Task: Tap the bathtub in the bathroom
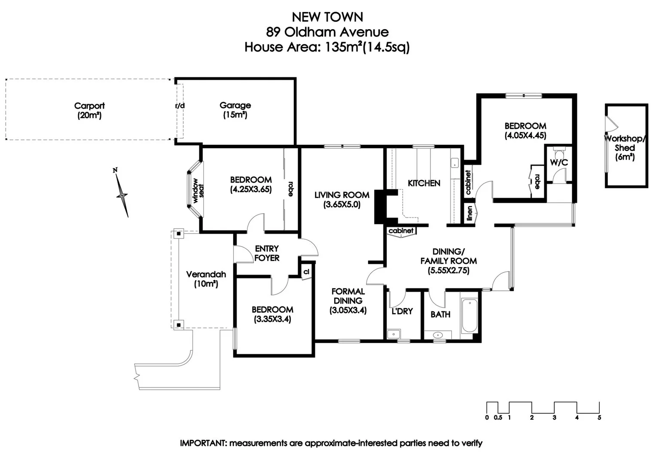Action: point(470,315)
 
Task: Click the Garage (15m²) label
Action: point(235,110)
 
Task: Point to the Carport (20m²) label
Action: point(89,110)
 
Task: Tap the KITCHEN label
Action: point(424,183)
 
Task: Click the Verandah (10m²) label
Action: point(206,279)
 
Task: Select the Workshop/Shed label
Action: point(625,143)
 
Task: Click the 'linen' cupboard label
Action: point(470,213)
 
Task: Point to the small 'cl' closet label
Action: point(306,272)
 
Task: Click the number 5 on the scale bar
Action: point(599,418)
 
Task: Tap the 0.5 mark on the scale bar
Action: point(498,418)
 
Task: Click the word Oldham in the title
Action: point(306,32)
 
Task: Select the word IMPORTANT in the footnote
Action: point(204,443)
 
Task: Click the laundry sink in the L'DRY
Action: point(394,334)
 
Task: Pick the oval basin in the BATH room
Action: point(438,335)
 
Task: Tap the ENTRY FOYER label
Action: point(267,253)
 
